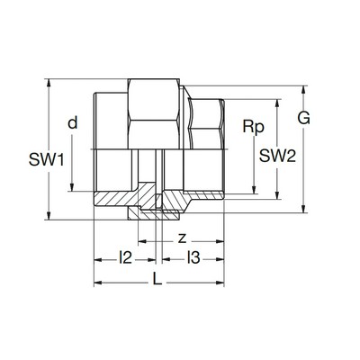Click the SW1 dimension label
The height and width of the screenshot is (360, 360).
click(47, 159)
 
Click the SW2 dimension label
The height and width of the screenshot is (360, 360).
click(277, 156)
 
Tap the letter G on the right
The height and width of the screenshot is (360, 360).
click(303, 118)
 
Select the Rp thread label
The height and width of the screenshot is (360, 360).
click(254, 127)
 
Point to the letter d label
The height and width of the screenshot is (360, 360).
click(73, 122)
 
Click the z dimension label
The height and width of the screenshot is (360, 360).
click(182, 239)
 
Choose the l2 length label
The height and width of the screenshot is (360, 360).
click(125, 257)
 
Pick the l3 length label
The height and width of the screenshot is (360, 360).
click(193, 257)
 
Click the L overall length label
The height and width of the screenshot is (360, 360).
click(157, 279)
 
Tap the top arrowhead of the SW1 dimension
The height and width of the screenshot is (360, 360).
click(49, 84)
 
